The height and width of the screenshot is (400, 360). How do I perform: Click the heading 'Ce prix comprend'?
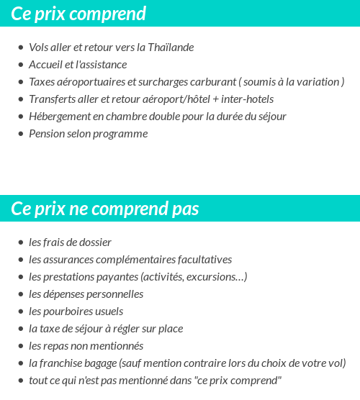click(x=78, y=13)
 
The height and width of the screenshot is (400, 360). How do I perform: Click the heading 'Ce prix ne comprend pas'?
click(x=105, y=208)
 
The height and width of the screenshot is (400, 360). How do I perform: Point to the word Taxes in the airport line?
click(x=42, y=82)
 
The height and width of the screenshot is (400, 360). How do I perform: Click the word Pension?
click(x=47, y=134)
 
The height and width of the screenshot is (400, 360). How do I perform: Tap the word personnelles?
click(x=115, y=294)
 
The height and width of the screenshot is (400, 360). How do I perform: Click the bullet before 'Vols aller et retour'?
click(x=20, y=47)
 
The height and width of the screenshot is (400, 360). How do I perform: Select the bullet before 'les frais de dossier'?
click(x=20, y=242)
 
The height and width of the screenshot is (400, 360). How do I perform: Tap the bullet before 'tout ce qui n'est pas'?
click(x=20, y=381)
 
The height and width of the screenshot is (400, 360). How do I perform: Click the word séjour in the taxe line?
click(x=94, y=329)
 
